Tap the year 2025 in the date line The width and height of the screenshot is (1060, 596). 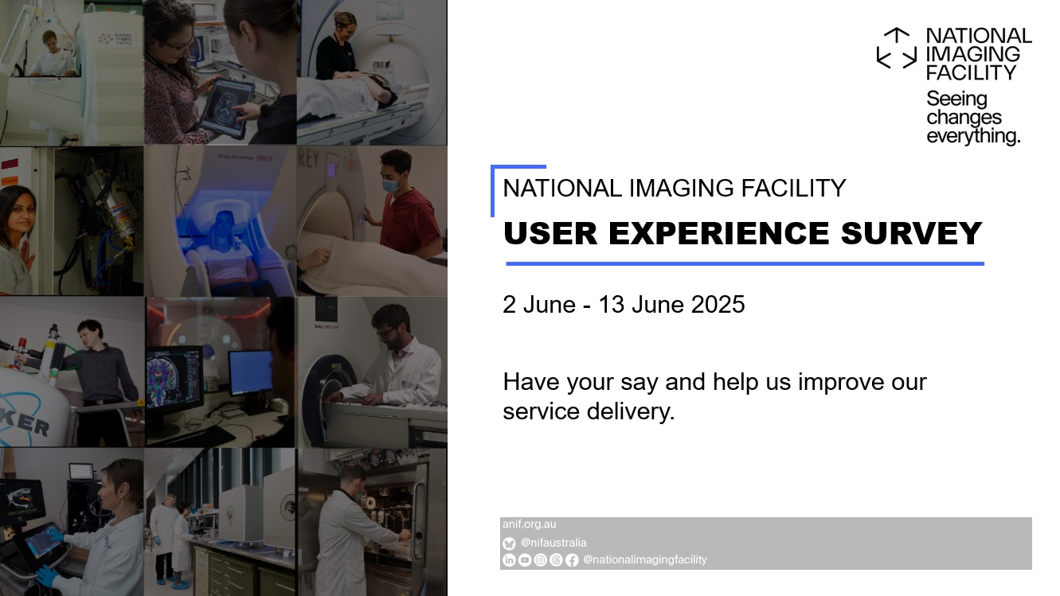(718, 304)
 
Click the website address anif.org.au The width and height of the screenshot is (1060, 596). (529, 524)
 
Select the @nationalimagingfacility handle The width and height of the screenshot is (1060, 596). (644, 559)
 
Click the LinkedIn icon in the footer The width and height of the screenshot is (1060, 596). (509, 560)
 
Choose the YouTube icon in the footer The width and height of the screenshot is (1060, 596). (525, 560)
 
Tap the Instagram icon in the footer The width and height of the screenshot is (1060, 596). (540, 560)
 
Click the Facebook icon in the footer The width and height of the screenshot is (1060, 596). (572, 560)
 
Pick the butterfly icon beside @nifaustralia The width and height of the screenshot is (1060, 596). (509, 543)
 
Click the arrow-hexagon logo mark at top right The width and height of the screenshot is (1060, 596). (897, 49)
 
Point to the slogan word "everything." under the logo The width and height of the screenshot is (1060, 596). (972, 136)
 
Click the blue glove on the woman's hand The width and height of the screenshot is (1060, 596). (46, 575)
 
